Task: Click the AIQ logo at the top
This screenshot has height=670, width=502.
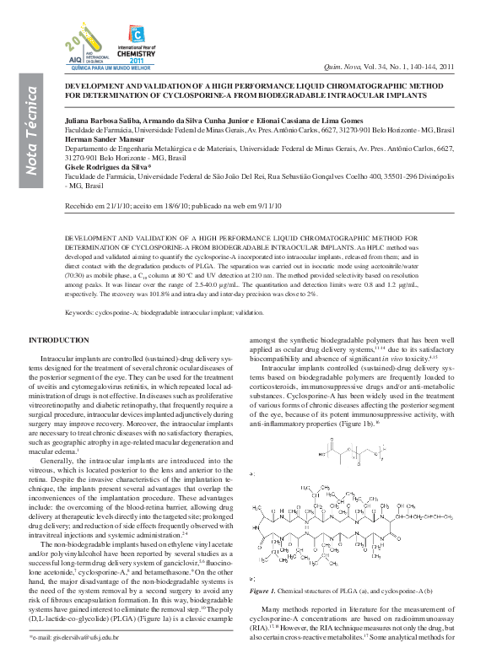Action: click(x=81, y=47)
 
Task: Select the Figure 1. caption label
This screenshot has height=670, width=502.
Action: click(x=267, y=592)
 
